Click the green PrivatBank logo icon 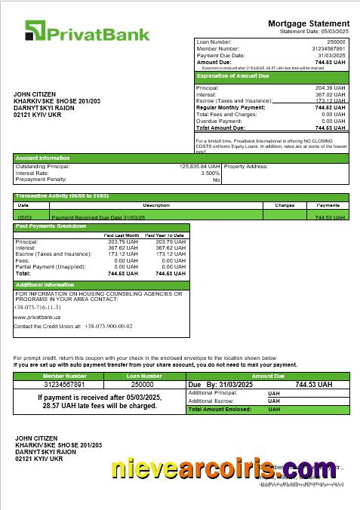(35, 31)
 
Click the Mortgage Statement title (309, 24)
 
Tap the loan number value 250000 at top (336, 41)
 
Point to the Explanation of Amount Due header (232, 76)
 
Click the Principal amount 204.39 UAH (330, 88)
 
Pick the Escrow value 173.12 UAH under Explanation (330, 101)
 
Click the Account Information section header (43, 158)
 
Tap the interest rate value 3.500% (211, 173)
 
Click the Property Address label (247, 166)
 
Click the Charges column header (284, 204)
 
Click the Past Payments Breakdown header (51, 226)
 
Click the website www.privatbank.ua (37, 318)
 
